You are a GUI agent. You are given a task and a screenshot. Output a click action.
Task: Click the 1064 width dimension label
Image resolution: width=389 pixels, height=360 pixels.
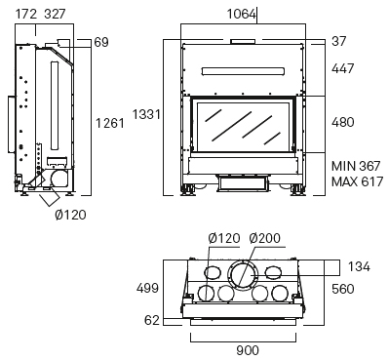tap(242, 14)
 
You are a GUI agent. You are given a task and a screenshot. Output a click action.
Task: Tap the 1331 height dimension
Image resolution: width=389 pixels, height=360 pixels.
tap(146, 114)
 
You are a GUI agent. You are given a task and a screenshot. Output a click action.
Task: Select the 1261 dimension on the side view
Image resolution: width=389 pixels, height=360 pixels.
tap(110, 123)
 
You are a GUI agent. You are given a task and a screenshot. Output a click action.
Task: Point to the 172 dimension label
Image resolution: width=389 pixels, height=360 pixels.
tap(26, 14)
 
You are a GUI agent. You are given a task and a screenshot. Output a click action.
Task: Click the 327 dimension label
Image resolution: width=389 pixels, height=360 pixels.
tap(55, 14)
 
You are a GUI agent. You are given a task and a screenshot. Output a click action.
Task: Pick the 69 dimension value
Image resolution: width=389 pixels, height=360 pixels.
tap(101, 42)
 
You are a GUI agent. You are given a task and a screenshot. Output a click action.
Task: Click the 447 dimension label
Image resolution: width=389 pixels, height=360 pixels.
tap(342, 68)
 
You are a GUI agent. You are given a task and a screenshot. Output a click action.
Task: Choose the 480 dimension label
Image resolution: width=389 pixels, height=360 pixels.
tap(342, 122)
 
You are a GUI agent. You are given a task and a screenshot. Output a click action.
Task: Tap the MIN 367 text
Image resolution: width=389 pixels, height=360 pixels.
tap(356, 166)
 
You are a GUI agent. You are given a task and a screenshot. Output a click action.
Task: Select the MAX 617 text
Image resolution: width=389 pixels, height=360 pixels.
tap(357, 181)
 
